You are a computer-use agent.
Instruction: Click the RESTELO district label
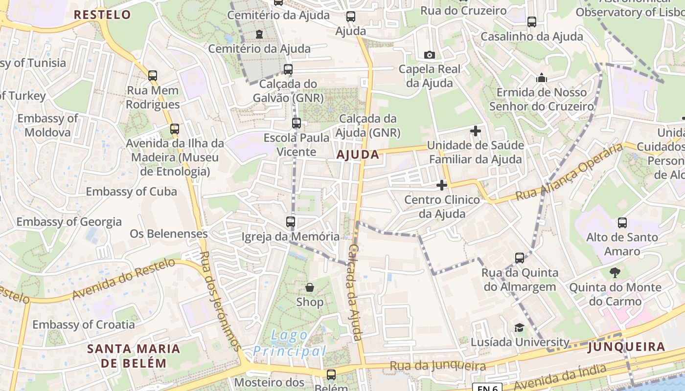point(103,15)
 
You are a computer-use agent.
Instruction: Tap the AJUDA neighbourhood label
point(358,155)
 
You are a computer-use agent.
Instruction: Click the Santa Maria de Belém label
point(134,356)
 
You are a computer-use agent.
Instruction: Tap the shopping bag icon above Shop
point(310,287)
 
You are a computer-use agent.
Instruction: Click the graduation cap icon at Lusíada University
point(519,328)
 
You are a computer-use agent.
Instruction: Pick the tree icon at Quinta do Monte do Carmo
point(615,273)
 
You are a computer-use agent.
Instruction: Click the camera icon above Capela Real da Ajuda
point(429,55)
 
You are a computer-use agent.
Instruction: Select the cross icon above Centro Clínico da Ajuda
point(442,185)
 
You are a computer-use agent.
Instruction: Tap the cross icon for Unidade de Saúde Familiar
point(475,131)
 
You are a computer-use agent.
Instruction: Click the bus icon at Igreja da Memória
point(291,222)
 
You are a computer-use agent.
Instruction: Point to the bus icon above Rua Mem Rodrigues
point(153,76)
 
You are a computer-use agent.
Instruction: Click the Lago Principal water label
point(290,343)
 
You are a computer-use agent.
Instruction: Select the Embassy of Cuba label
point(131,192)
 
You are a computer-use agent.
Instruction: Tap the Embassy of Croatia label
point(84,325)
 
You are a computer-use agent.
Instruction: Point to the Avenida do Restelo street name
point(123,279)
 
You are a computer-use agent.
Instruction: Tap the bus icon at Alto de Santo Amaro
point(622,223)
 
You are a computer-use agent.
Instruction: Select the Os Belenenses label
point(169,234)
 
